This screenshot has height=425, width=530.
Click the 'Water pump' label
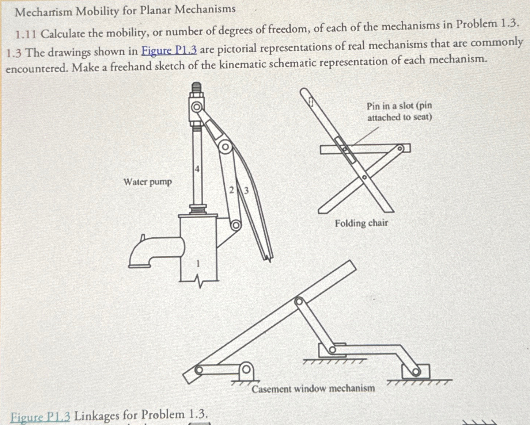(147, 182)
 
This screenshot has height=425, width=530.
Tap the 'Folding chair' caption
(361, 223)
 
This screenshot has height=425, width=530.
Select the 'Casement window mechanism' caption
(313, 388)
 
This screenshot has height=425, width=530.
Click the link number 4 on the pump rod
(197, 169)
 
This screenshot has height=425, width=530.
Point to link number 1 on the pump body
(198, 263)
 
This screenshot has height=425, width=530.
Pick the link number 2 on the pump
(231, 190)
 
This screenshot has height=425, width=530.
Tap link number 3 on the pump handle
(246, 190)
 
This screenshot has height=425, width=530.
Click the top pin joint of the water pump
(197, 107)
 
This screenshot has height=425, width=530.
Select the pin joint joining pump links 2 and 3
(225, 147)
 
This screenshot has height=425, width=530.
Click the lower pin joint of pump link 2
(236, 225)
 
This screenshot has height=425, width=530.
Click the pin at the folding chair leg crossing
(364, 177)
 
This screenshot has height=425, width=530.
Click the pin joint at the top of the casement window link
(299, 301)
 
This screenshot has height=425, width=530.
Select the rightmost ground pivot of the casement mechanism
(416, 372)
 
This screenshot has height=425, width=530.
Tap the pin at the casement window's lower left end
(198, 370)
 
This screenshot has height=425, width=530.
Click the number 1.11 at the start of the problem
(26, 34)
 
